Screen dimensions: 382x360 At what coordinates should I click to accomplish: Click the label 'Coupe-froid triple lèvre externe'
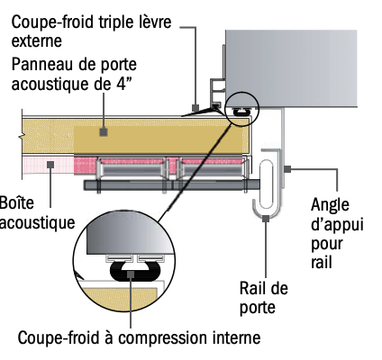point(91,31)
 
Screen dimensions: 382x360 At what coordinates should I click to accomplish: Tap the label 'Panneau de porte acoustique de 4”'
point(74,74)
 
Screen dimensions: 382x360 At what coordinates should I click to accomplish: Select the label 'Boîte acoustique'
point(36,212)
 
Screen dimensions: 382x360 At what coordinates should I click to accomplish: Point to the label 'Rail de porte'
point(264,298)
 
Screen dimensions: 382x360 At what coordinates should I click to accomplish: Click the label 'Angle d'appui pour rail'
point(337,233)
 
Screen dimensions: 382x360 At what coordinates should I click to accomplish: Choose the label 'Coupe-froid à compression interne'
point(139,337)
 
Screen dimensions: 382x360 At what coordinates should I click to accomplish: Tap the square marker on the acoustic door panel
point(104,132)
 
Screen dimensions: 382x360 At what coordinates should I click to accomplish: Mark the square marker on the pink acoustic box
point(50,165)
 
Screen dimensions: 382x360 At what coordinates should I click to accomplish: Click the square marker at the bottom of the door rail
point(266,219)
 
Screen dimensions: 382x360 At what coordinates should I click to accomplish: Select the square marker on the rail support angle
point(287,169)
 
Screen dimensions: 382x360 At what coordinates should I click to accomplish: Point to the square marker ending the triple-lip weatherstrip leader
point(196,107)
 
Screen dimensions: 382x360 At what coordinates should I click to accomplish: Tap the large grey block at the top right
point(291,68)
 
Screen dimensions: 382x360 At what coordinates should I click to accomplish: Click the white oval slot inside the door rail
point(266,184)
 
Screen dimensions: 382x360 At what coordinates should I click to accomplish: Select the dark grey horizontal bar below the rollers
point(172,184)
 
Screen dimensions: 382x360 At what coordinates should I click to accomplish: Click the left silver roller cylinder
point(132,170)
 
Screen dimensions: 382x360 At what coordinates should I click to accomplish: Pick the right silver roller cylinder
point(213,170)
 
